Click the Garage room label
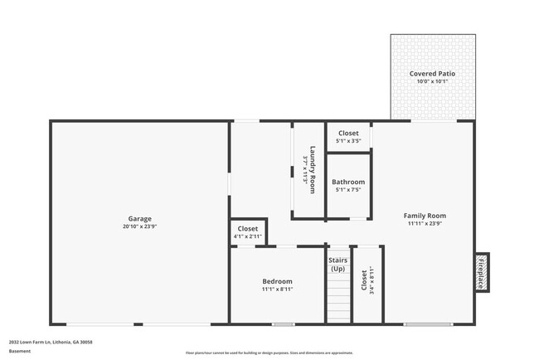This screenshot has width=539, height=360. pos(139,218)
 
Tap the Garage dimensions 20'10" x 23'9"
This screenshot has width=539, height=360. pos(139,226)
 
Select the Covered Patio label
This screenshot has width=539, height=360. pos(432,74)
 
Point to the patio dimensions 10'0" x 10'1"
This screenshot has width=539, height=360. pos(432,81)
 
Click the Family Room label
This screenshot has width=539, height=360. pos(425,216)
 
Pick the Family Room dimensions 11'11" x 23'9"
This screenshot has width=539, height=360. pos(425,224)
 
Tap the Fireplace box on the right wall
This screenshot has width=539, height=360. pos(481,272)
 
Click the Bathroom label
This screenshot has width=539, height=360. pos(348,182)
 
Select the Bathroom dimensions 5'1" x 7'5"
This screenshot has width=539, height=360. pos(348,190)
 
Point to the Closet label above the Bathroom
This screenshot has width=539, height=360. pos(348,133)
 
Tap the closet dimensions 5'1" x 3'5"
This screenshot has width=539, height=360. pos(348,141)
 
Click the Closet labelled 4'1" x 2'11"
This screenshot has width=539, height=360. pos(248,229)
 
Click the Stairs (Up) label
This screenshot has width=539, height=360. pos(338,265)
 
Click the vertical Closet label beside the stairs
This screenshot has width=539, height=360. pos(364,280)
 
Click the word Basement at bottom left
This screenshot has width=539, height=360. pos(21,350)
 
